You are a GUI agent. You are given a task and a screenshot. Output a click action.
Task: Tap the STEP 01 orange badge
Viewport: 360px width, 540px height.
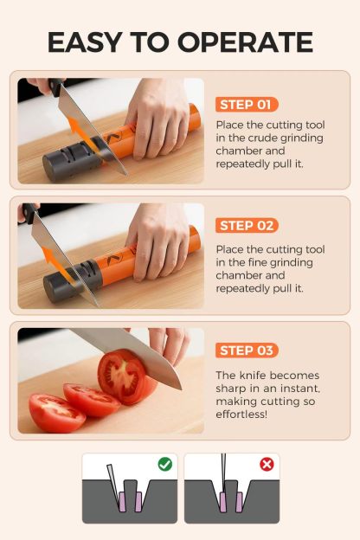(247, 105)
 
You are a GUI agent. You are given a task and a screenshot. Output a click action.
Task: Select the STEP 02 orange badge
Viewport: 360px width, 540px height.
(247, 226)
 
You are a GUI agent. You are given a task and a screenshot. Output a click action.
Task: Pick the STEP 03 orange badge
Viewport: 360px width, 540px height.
(247, 350)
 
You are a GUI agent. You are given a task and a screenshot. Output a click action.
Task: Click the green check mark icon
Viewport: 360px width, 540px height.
(164, 465)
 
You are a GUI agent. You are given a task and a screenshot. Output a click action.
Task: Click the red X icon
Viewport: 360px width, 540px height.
(267, 465)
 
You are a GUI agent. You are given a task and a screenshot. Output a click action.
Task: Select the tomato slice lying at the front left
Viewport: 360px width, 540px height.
(57, 413)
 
